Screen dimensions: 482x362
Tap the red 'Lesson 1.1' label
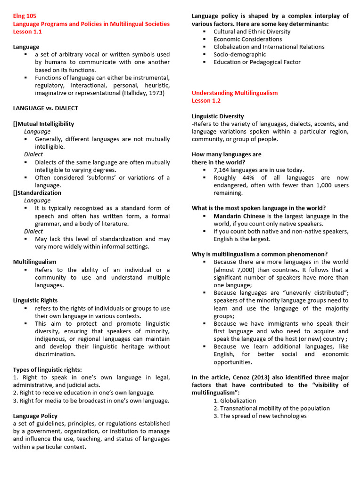click(27, 32)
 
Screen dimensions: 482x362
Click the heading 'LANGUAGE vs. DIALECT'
click(46, 108)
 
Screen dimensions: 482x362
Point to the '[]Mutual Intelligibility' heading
click(43, 124)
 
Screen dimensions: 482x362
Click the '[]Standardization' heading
click(37, 193)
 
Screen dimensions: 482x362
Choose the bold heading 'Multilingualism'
click(35, 262)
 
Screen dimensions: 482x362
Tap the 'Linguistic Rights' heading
click(35, 300)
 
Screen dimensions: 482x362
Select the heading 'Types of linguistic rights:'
click(47, 370)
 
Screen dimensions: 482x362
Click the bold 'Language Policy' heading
click(35, 416)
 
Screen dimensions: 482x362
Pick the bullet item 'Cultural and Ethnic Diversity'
click(252, 32)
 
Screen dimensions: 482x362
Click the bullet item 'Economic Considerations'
click(247, 40)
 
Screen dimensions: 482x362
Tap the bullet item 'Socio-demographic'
click(239, 55)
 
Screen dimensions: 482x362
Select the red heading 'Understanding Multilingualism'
click(235, 93)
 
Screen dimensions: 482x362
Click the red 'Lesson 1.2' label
click(206, 101)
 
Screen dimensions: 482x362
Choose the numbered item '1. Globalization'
click(235, 401)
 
